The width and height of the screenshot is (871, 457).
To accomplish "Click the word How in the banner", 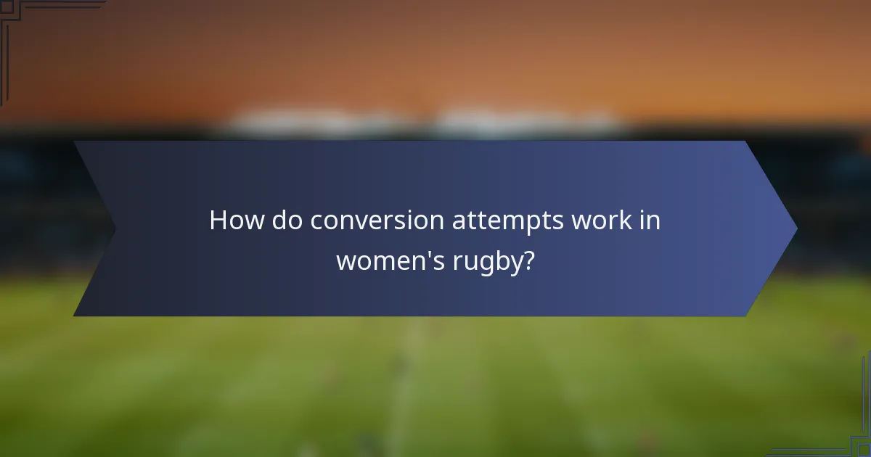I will click(237, 221).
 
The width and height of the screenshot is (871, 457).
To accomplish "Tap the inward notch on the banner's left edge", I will click(115, 229).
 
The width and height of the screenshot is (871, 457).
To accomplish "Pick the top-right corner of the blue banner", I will click(745, 142).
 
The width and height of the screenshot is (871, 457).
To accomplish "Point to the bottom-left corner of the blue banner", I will click(75, 315).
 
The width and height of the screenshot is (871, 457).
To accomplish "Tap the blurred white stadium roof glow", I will click(428, 122).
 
